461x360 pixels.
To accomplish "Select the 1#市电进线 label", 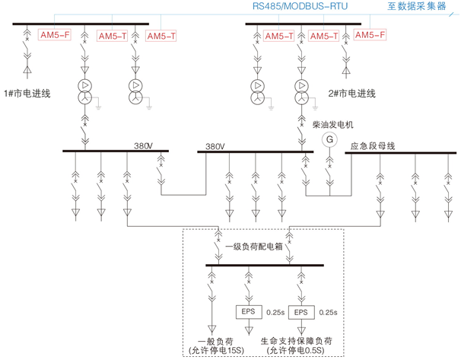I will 27,93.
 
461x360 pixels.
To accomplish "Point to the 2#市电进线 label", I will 352,93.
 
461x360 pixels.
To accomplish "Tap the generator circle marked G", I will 330,139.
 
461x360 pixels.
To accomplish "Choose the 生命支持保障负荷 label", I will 297,340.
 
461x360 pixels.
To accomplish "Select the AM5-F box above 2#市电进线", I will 370,35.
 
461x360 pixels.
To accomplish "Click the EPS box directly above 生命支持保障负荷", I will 301,312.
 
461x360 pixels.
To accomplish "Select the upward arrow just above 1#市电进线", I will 27,73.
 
